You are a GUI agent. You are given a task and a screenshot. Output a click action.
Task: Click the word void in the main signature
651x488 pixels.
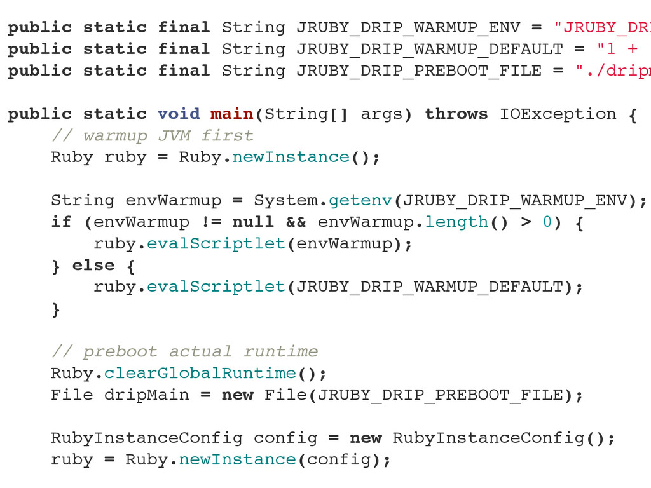coord(179,114)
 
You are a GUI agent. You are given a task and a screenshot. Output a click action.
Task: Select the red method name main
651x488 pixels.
coord(232,114)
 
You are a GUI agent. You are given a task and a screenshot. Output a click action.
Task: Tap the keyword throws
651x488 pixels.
coord(456,114)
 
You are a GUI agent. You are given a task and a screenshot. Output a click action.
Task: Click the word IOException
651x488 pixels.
coord(558,114)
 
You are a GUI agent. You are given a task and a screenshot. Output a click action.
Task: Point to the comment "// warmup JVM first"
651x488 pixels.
coord(152,136)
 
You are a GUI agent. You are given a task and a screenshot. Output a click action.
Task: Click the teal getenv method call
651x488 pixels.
coord(360,201)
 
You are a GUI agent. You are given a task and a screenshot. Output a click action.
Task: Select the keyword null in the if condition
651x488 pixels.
coord(253,222)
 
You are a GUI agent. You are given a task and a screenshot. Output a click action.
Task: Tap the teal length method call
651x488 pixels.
coord(456,222)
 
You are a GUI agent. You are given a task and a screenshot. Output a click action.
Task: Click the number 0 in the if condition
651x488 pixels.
coord(547,222)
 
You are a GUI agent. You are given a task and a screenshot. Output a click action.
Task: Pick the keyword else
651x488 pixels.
coord(93,266)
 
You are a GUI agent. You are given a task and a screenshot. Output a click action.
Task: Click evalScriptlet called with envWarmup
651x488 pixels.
coord(216,244)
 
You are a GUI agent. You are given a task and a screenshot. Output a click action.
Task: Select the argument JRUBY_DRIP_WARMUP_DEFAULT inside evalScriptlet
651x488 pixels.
coord(430,287)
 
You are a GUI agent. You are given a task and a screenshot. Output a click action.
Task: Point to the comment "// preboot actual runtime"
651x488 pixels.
coord(184,352)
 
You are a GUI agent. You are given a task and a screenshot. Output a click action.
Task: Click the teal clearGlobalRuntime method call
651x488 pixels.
coord(200,374)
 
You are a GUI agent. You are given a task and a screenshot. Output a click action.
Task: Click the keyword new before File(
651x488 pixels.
coord(237,395)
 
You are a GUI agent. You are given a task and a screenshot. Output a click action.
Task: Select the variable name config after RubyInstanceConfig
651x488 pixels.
coord(285,438)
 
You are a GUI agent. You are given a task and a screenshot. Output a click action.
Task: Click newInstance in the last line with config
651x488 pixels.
coord(237,460)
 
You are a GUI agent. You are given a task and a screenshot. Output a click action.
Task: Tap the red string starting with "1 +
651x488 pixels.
coord(623,50)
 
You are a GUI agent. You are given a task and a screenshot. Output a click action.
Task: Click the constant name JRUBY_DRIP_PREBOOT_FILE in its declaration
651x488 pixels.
coord(419,71)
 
